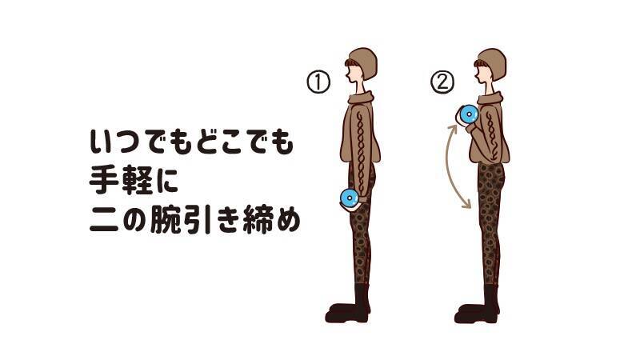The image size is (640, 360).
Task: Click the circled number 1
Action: point(318,82)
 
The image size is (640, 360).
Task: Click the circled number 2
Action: point(442,82)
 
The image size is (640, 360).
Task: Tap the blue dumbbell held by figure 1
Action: point(350,198)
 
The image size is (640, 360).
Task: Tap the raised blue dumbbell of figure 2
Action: point(468,114)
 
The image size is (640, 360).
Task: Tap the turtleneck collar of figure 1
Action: point(360,98)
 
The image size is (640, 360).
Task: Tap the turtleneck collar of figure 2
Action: point(489,98)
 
